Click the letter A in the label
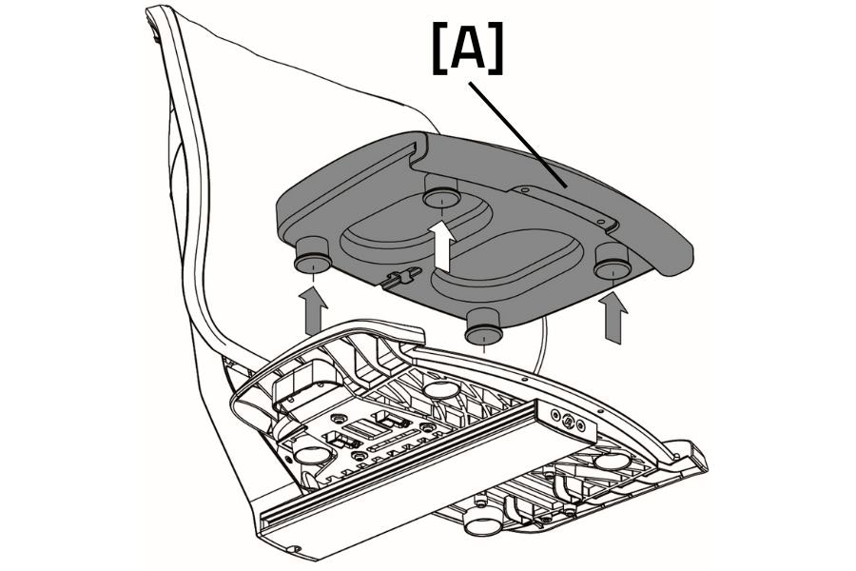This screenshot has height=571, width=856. click(468, 49)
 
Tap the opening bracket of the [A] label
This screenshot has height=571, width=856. click(439, 49)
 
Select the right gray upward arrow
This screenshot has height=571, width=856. click(614, 319)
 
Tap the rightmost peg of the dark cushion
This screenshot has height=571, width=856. click(613, 262)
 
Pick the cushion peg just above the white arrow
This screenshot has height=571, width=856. click(440, 198)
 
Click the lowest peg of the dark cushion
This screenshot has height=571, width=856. click(484, 330)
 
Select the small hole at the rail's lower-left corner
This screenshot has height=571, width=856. click(295, 549)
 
